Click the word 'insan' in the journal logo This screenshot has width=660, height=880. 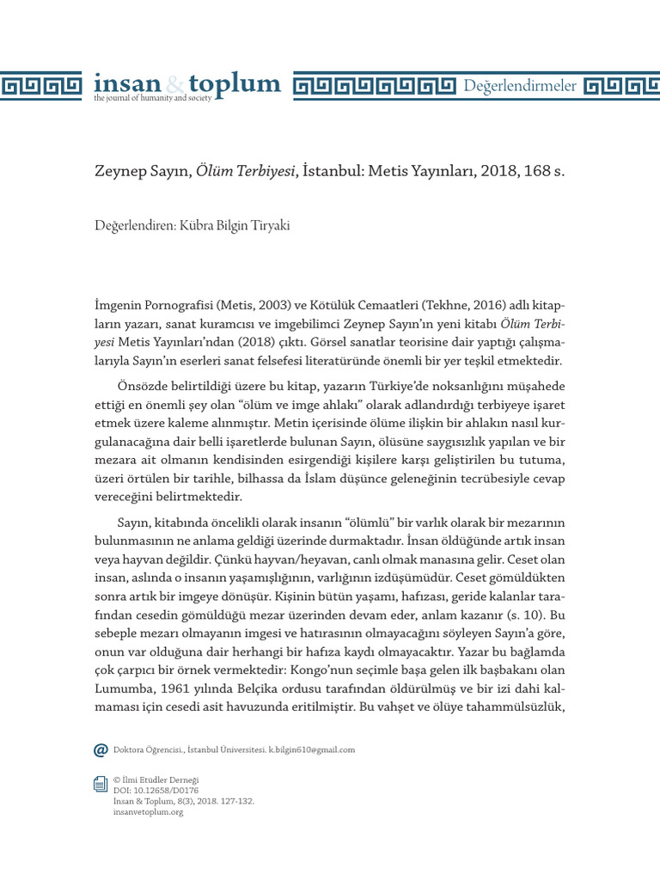pos(126,83)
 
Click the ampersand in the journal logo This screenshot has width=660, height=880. pos(174,84)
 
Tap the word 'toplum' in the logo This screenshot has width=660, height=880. pos(235,83)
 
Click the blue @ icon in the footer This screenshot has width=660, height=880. pos(101,749)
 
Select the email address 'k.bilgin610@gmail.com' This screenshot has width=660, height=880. pos(313,749)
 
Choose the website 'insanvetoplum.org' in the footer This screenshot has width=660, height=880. pos(149,811)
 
